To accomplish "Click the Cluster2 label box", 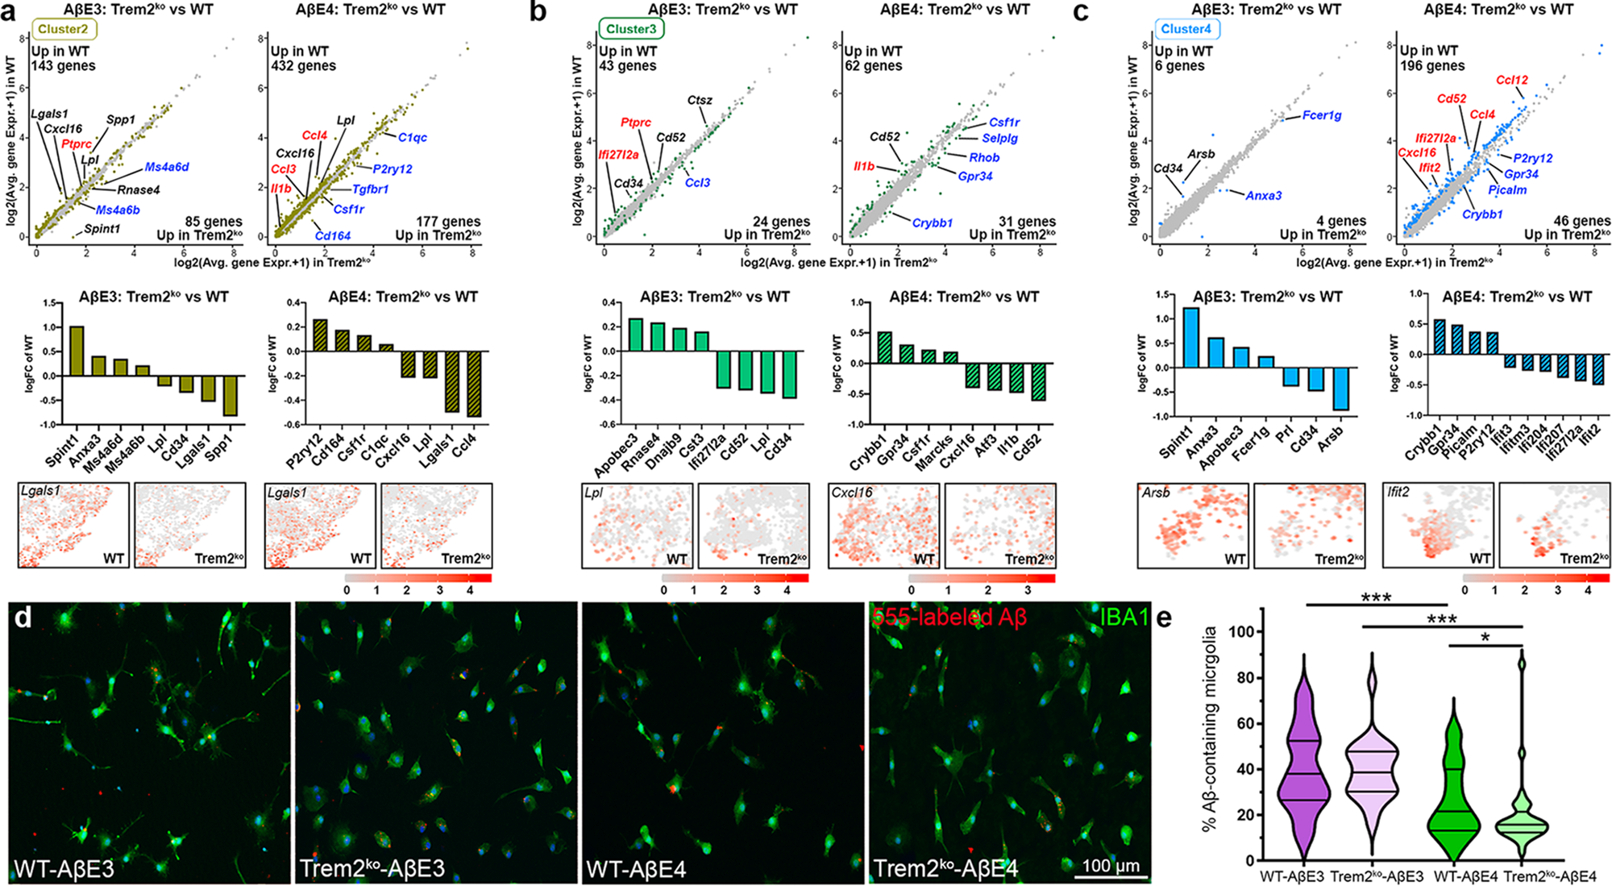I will coord(63,29).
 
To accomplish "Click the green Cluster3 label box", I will coord(631,29).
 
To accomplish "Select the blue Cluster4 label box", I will coord(1186,29).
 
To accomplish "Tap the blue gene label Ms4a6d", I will coord(167,168).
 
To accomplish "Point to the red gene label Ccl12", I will coord(1511,80).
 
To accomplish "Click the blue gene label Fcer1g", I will coord(1322,115).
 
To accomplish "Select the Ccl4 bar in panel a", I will coord(474,384).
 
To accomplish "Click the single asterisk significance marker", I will coord(1485,638).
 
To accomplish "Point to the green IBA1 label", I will coord(1124,618).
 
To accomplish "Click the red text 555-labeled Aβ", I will coord(949,618).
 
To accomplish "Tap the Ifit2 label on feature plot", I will coord(1398,492).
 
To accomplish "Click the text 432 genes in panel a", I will coord(303,66).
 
